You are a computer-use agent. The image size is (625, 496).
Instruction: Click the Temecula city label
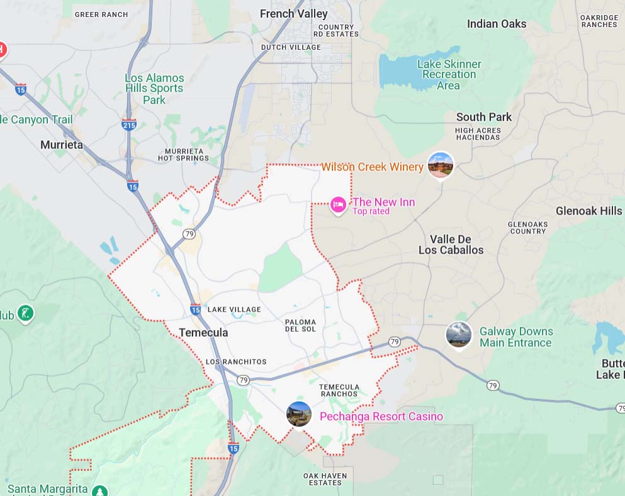point(203,332)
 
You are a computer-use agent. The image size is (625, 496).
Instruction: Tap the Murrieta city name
point(62,145)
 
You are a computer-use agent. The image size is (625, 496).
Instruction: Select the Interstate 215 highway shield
point(129,124)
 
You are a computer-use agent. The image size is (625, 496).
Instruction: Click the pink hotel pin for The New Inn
point(338,205)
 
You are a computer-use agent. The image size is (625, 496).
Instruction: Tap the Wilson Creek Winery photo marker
point(440,165)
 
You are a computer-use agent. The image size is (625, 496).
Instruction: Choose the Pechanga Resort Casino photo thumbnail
point(299,414)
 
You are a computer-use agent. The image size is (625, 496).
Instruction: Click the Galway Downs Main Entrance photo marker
point(459,335)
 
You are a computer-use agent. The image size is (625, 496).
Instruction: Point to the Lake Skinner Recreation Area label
point(449,74)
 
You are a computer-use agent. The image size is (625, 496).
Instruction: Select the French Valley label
point(293,14)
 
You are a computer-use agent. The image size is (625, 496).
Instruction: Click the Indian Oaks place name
point(496,24)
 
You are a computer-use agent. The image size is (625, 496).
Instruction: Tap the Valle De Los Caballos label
point(451,244)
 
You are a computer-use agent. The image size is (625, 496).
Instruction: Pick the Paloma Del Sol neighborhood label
point(300,325)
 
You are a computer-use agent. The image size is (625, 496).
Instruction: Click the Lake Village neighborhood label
point(234,310)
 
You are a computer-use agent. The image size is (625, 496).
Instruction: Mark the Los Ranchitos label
point(236,362)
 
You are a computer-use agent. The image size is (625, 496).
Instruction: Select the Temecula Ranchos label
point(339,390)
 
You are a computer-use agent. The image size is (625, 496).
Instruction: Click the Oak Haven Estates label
point(325,479)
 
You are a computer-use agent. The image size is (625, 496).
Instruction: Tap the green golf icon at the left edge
point(25,313)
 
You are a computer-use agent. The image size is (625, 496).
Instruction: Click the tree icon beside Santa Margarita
point(99,490)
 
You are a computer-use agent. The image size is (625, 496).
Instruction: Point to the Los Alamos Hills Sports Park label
point(154,89)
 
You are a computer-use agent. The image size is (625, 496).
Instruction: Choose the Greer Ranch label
point(101,14)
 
